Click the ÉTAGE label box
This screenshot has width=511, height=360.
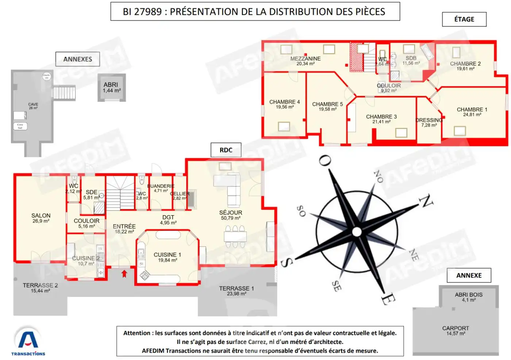(x=464, y=19)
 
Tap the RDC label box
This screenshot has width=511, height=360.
(x=226, y=150)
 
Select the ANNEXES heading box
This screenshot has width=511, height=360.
(x=77, y=59)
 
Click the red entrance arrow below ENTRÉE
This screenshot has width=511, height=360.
(x=124, y=274)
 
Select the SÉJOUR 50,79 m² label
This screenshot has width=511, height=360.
(x=230, y=215)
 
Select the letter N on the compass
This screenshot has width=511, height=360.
(x=425, y=201)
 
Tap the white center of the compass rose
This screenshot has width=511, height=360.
(x=357, y=232)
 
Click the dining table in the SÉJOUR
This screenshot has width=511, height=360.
(x=235, y=237)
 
